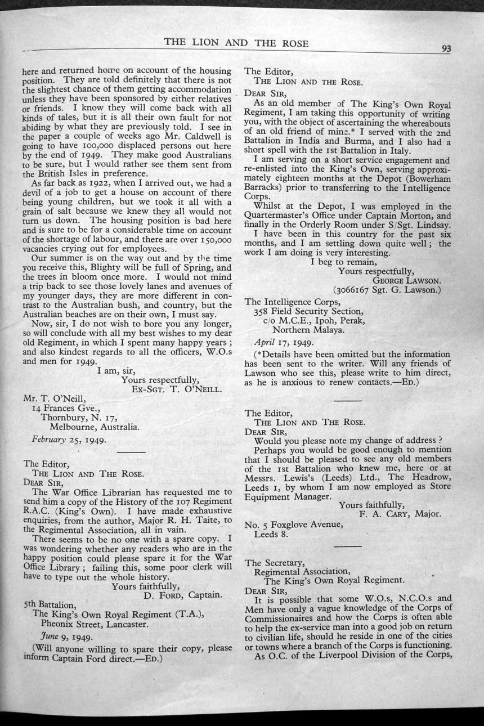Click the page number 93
pyautogui.click(x=446, y=48)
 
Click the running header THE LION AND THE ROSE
pyautogui.click(x=236, y=44)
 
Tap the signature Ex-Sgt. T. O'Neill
pyautogui.click(x=176, y=388)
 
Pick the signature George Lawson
pyautogui.click(x=406, y=280)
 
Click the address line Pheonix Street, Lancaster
pyautogui.click(x=95, y=624)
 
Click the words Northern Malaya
pyautogui.click(x=308, y=330)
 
